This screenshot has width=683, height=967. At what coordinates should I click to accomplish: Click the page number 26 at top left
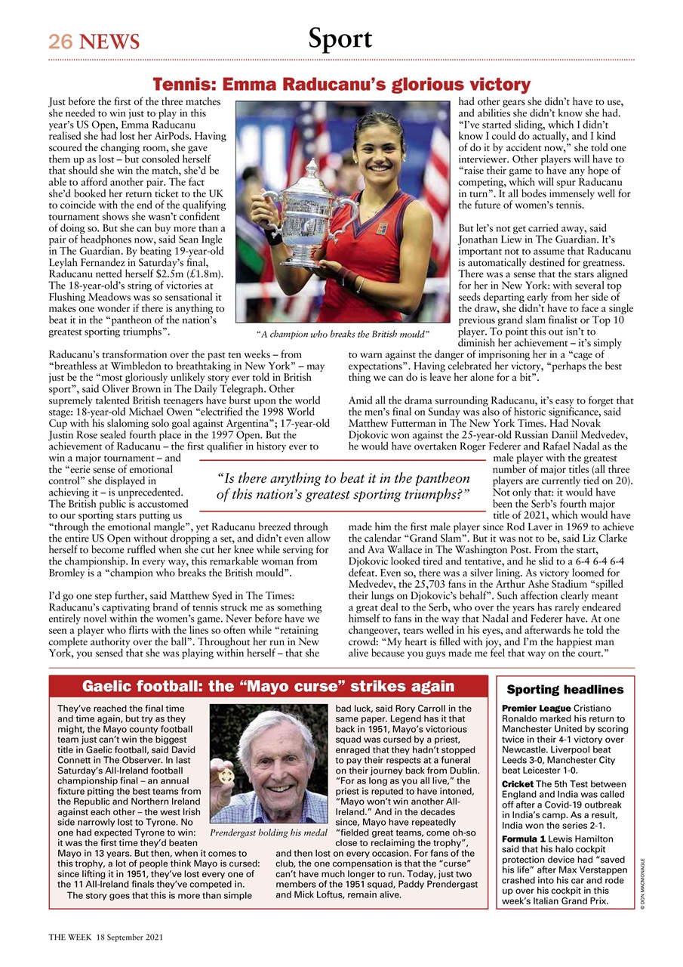click(x=60, y=42)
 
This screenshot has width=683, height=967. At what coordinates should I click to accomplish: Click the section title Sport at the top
click(x=340, y=39)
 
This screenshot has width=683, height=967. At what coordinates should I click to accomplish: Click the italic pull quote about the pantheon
click(x=343, y=487)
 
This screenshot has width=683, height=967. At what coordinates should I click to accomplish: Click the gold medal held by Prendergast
click(x=224, y=776)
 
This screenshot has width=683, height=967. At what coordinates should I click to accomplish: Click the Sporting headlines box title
click(x=565, y=689)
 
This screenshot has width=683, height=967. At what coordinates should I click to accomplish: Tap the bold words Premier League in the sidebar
click(x=535, y=709)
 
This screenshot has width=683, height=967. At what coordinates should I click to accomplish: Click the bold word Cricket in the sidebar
click(x=520, y=785)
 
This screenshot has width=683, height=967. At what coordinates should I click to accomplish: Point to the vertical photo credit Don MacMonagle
click(x=643, y=885)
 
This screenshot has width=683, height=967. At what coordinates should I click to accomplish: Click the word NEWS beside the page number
click(x=110, y=42)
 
